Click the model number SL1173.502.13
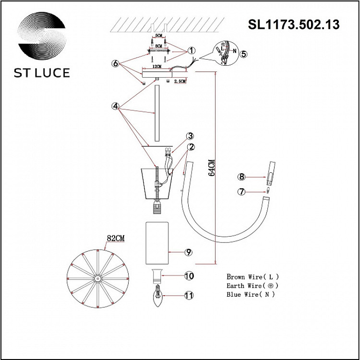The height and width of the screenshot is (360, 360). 293,24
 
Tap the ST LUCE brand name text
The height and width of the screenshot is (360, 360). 42,73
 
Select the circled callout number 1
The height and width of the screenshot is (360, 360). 191,50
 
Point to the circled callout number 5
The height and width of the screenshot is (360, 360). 243,54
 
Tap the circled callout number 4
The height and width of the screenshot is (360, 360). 115,107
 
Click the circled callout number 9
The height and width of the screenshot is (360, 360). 188,252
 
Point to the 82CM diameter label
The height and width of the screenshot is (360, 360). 116,238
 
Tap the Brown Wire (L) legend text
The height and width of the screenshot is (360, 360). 252,277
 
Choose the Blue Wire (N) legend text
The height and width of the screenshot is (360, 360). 251,295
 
